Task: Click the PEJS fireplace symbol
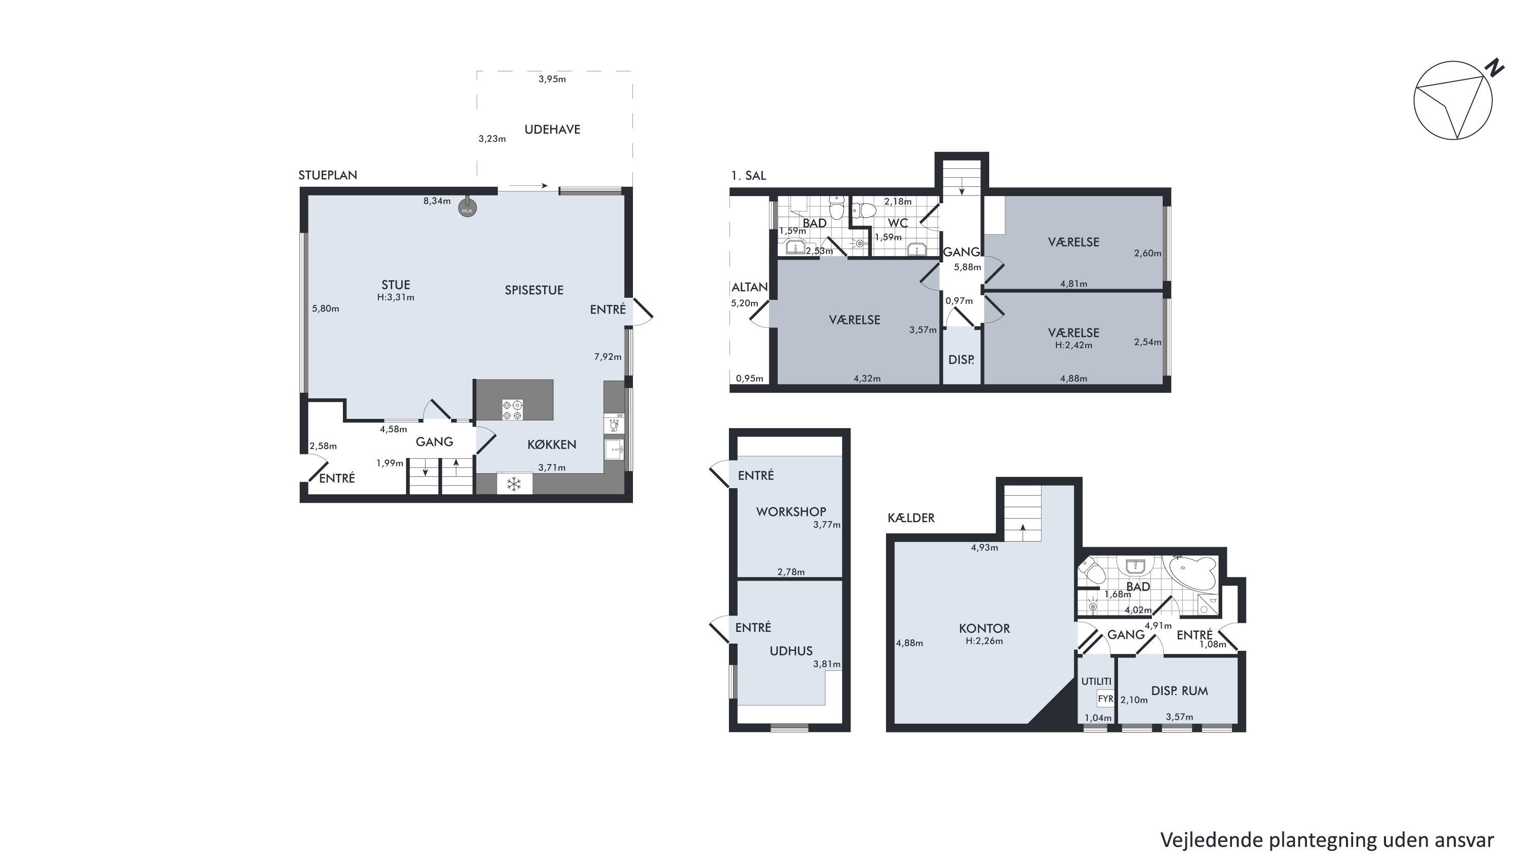(x=468, y=208)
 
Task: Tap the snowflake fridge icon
(x=514, y=484)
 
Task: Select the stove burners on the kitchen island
(x=512, y=410)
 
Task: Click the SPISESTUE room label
(x=534, y=291)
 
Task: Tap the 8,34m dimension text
(x=437, y=201)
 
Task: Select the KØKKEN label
(x=552, y=445)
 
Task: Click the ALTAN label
(x=749, y=287)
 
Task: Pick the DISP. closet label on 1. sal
(x=961, y=360)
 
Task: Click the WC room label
(x=898, y=223)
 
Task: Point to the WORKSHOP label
(x=791, y=512)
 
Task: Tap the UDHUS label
(x=791, y=651)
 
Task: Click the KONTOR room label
(x=985, y=629)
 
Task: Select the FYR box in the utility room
(x=1105, y=699)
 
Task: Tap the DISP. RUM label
(x=1180, y=691)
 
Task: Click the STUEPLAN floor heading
(x=328, y=176)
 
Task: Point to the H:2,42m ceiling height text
(x=1074, y=345)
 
